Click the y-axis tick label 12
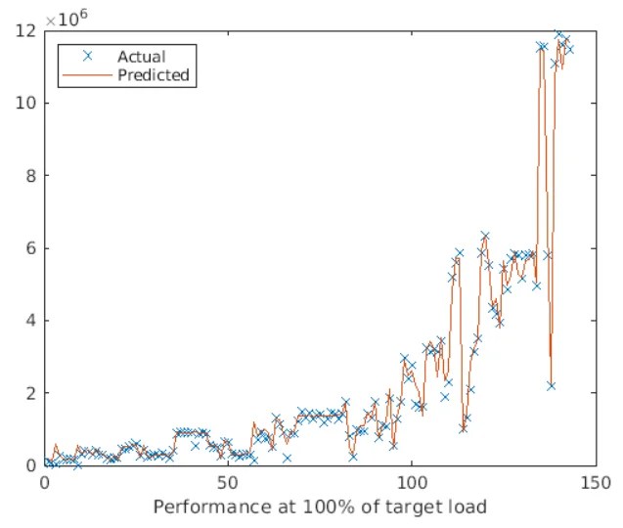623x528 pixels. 26,30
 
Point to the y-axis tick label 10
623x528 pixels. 26,103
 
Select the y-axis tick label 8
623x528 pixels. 31,176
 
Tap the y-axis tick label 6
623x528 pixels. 31,248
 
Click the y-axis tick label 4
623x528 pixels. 31,321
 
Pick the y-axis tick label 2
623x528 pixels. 31,393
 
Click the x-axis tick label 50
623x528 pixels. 228,483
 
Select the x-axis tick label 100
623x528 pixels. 411,483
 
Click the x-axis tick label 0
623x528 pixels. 45,483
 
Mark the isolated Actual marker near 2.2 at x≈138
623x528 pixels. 551,385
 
